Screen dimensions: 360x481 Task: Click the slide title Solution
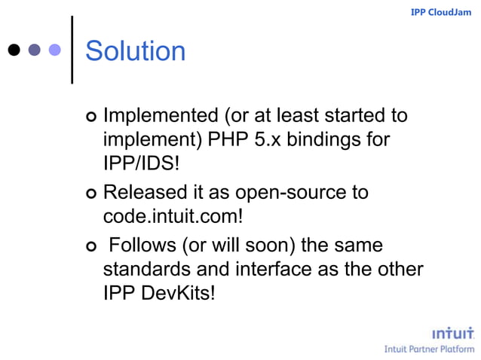[135, 51]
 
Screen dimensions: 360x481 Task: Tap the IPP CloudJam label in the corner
[440, 12]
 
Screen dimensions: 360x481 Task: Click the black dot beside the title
[14, 50]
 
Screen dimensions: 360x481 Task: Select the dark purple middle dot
[34, 50]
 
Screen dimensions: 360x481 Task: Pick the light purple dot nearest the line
[54, 50]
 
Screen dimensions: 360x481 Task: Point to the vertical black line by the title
[72, 50]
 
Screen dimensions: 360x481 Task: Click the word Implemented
[159, 116]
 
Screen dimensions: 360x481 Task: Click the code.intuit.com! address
[173, 217]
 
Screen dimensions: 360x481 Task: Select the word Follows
[142, 246]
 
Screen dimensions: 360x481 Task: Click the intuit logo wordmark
[452, 334]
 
